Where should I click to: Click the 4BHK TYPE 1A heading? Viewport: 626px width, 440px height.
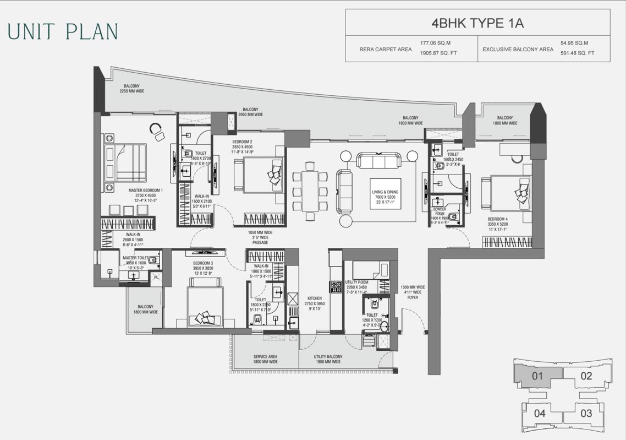point(477,23)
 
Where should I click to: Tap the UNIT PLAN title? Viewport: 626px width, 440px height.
point(63,32)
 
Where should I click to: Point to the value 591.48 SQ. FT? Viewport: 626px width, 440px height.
point(578,53)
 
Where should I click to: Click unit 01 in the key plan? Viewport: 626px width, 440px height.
point(537,377)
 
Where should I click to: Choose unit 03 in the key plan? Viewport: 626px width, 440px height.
point(586,413)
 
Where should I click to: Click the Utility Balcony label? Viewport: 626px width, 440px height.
point(327,359)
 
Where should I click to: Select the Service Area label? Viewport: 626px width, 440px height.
point(265,359)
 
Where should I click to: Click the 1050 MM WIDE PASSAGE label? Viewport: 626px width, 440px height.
point(260,237)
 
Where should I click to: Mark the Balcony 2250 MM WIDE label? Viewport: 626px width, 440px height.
point(131,89)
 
